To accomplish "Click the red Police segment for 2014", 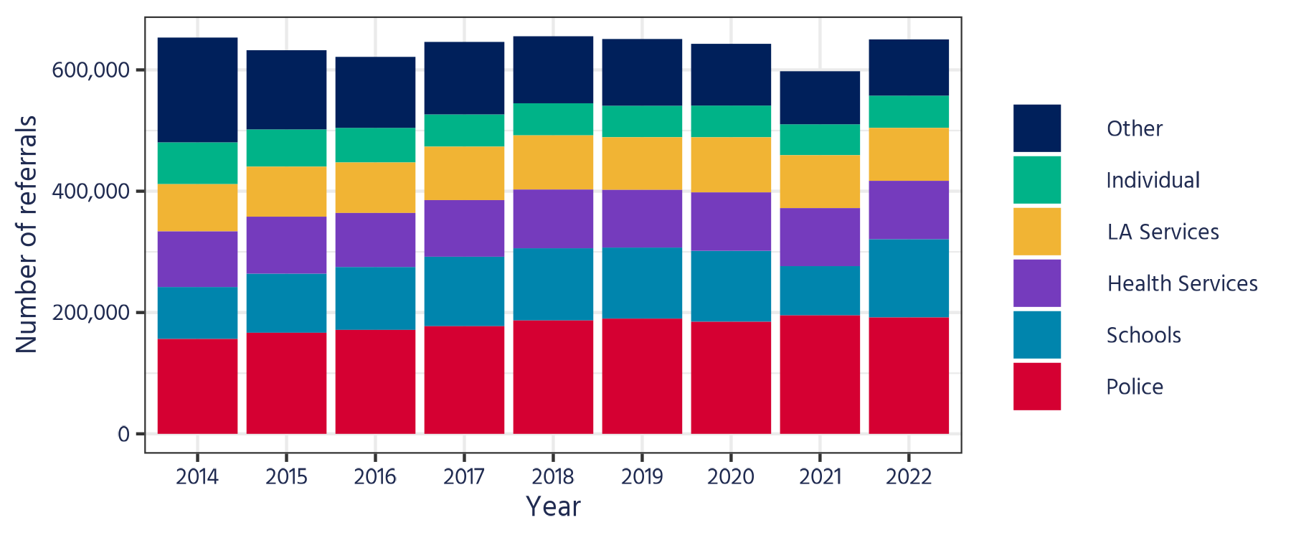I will click(x=197, y=386).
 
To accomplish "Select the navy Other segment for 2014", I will click(x=197, y=90).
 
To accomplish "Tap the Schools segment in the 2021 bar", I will click(x=820, y=291).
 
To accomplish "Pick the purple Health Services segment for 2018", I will click(x=553, y=219).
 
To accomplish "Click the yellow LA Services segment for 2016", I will click(x=375, y=187).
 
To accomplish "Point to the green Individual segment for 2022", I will click(x=909, y=111).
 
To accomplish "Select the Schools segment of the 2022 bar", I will click(x=909, y=278).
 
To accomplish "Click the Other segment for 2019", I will click(x=642, y=72).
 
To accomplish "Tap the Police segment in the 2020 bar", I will click(x=731, y=377).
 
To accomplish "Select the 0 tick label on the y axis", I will click(x=123, y=434).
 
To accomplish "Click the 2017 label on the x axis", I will click(x=464, y=476).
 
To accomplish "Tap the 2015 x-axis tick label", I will click(x=286, y=476).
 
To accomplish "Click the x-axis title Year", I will click(x=553, y=506).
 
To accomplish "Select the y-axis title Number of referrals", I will click(x=27, y=234).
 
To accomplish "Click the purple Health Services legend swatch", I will click(x=1036, y=283).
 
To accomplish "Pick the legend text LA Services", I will click(x=1162, y=232).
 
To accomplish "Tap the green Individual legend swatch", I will click(x=1036, y=179).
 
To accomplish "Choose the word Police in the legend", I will click(x=1134, y=387).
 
